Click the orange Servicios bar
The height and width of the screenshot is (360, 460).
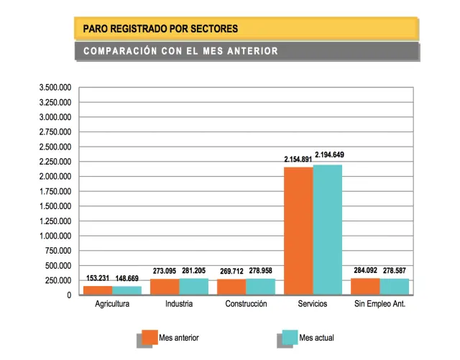(298, 231)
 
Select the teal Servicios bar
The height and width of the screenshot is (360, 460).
(328, 229)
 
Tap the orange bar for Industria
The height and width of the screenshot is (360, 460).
(165, 287)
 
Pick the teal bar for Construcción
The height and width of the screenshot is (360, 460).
(260, 287)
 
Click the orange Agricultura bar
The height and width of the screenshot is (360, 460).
(98, 290)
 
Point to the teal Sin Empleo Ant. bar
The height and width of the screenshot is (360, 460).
(395, 287)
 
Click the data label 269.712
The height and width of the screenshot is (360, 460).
(231, 272)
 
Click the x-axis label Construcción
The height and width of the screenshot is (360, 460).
(246, 304)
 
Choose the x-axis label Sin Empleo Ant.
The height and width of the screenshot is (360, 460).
(380, 304)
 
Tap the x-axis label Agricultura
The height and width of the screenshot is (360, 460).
(112, 304)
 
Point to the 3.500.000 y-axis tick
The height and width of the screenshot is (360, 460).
(55, 88)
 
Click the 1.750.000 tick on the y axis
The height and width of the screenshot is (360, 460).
(55, 191)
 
